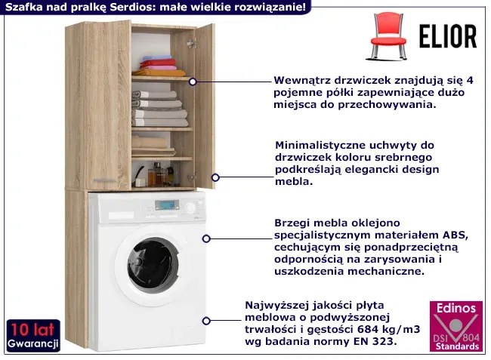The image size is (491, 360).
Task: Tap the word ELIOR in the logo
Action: click(448, 36)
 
